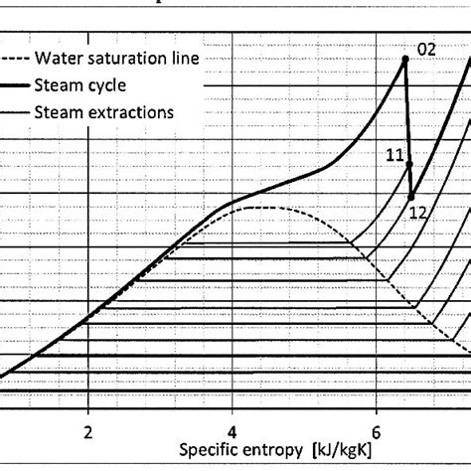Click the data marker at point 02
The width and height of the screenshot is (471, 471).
(x=405, y=60)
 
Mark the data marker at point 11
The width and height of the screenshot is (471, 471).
(x=408, y=164)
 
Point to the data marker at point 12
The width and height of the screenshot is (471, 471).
(x=411, y=197)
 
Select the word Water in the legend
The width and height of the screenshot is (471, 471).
(x=58, y=59)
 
